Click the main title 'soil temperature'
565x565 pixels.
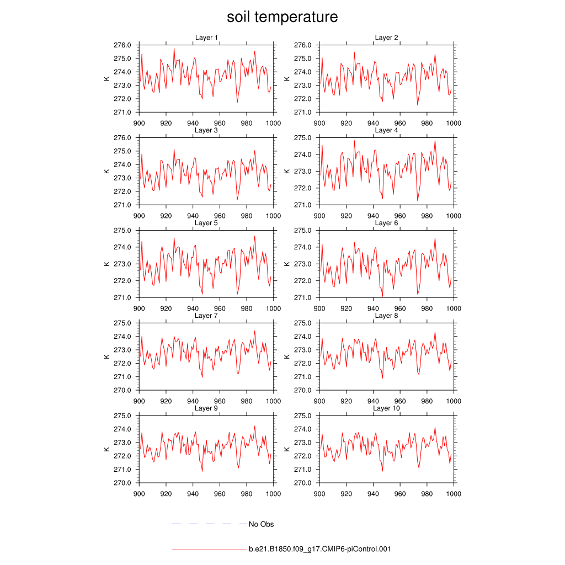pyautogui.click(x=282, y=17)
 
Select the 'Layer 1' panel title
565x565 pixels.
pyautogui.click(x=206, y=38)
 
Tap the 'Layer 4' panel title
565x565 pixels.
pyautogui.click(x=387, y=130)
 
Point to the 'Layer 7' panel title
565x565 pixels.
pyautogui.click(x=206, y=316)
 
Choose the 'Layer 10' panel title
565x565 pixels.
pyautogui.click(x=387, y=408)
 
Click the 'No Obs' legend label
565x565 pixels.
pyautogui.click(x=261, y=524)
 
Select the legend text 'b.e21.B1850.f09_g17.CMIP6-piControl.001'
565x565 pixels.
pyautogui.click(x=320, y=550)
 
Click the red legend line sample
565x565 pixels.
pyautogui.click(x=209, y=550)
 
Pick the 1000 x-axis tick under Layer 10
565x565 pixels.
pyautogui.click(x=454, y=494)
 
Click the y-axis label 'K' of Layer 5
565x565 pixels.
pyautogui.click(x=106, y=264)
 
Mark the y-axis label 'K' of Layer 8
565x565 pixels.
pyautogui.click(x=287, y=356)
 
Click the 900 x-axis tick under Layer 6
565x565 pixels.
pyautogui.click(x=319, y=308)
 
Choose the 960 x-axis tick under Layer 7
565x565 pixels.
pyautogui.click(x=220, y=401)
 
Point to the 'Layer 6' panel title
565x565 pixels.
pyautogui.click(x=387, y=223)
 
